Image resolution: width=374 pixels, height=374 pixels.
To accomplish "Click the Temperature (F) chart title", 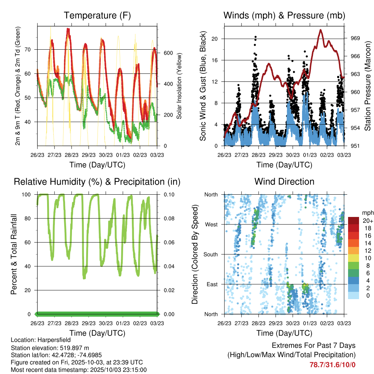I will tap(97, 15).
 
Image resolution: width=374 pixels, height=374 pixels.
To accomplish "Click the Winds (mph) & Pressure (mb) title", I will tap(284, 15).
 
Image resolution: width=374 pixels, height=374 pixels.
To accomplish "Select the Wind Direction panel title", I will tap(284, 182).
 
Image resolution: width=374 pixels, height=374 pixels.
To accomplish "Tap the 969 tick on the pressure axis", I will tap(355, 38).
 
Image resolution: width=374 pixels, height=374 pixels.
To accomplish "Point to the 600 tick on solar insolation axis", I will tap(168, 53).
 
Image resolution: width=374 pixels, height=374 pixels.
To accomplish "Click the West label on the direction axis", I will tap(211, 224).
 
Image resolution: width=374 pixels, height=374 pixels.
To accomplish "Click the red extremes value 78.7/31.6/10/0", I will tap(332, 365).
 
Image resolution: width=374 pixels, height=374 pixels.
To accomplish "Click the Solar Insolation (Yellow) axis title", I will tap(179, 86).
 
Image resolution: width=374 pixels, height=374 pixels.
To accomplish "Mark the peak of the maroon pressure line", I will tap(321, 30).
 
